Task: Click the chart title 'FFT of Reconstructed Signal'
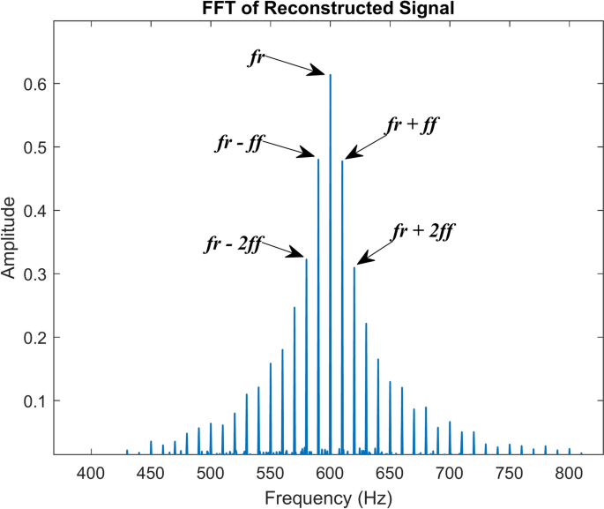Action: coord(330,9)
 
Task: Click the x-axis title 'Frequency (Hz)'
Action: coord(329,498)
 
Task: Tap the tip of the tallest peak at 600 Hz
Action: coord(330,75)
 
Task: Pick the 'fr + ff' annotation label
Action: coord(413,125)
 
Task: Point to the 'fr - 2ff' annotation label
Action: coord(233,245)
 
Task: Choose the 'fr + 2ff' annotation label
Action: coord(422,233)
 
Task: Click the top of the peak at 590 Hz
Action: coord(318,159)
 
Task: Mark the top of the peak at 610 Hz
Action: coord(342,161)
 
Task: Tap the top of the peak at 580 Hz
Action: coord(306,259)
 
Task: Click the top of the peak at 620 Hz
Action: coord(354,268)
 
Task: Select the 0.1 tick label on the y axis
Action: coord(35,400)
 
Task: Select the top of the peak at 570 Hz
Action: coord(295,308)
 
